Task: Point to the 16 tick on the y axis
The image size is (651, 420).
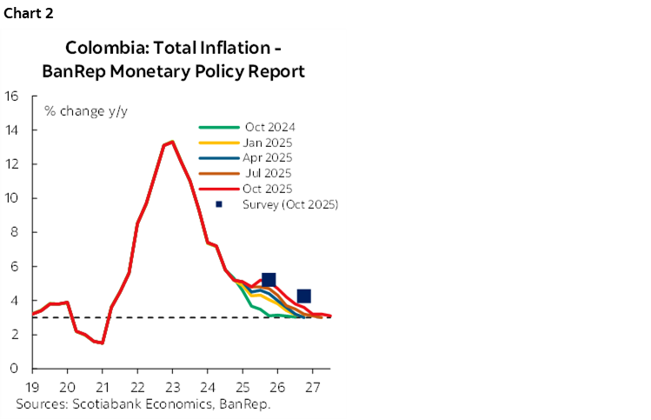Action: (x=12, y=96)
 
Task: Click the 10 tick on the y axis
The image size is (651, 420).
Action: (x=12, y=198)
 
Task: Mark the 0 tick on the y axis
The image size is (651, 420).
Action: (x=16, y=369)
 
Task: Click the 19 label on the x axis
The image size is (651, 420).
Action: (x=33, y=386)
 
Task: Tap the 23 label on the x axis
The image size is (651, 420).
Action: (x=172, y=386)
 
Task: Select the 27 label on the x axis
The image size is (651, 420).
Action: (x=312, y=386)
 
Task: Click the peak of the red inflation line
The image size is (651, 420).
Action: (x=172, y=142)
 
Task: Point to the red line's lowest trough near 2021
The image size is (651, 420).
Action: (x=103, y=343)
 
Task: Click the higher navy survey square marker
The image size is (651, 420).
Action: (x=269, y=279)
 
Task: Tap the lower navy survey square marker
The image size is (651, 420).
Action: (x=303, y=296)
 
